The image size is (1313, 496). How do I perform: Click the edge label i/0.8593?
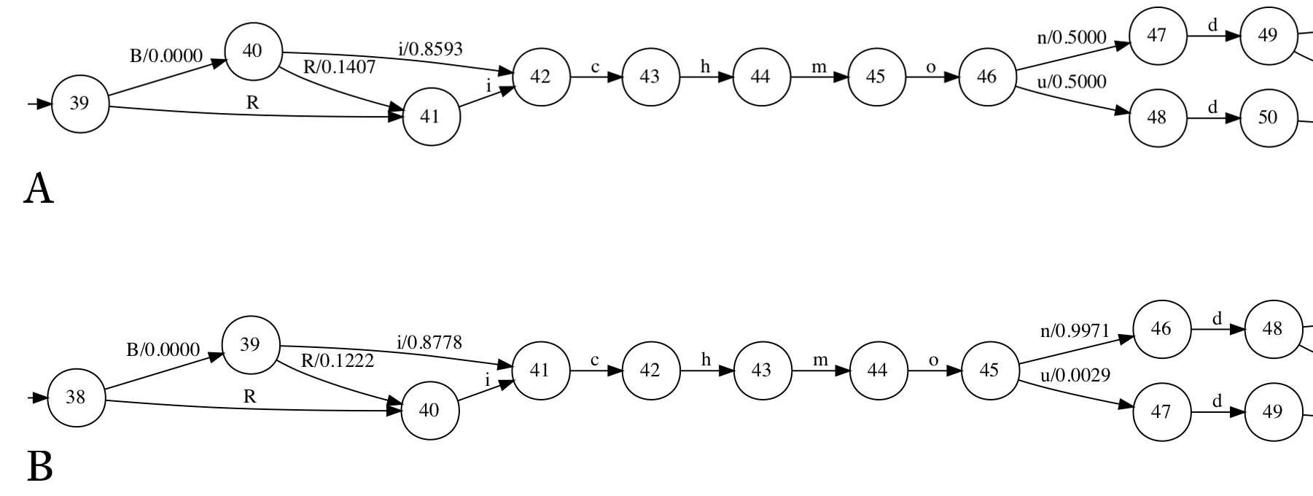click(430, 49)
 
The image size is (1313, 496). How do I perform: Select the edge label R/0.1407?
click(339, 68)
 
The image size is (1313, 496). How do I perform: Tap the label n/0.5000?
click(1071, 37)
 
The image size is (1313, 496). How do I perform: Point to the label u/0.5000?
click(1071, 82)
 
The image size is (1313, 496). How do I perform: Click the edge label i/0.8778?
click(429, 342)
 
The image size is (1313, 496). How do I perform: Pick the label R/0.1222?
click(337, 360)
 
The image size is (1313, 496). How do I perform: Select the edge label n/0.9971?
click(1075, 331)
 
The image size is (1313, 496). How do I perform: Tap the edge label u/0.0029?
click(1075, 376)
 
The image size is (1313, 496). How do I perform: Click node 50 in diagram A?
click(1268, 117)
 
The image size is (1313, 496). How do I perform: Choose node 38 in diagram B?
click(76, 398)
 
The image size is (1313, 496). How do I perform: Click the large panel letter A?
click(39, 189)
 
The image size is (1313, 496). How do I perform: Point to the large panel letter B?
click(39, 467)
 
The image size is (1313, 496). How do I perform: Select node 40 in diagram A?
click(252, 52)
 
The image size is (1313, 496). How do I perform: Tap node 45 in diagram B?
click(989, 371)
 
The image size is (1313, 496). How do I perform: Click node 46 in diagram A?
click(986, 77)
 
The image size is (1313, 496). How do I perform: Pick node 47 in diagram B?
click(1161, 412)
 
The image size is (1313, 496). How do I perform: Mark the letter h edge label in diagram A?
click(705, 67)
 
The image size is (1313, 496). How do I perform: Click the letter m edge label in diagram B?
click(820, 360)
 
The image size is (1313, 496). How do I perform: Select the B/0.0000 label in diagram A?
click(165, 56)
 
